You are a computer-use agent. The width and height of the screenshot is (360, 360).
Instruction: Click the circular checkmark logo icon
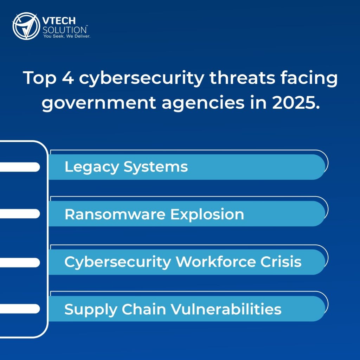point(26,26)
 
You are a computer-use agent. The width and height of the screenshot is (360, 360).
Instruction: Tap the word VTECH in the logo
point(59,21)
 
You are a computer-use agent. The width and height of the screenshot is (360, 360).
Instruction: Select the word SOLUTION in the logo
point(65,30)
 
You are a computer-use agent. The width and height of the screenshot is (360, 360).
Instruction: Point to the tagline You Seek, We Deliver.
point(67,36)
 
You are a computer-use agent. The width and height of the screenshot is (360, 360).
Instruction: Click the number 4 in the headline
point(68,78)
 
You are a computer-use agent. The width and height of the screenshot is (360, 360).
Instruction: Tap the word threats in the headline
point(242,77)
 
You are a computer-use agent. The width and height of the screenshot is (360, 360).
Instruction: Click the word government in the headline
point(99,103)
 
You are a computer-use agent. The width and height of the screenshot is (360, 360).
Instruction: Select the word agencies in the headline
point(203,103)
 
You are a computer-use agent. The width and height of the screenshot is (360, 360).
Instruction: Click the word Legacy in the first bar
point(92,167)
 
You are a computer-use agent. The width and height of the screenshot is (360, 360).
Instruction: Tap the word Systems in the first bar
point(156,167)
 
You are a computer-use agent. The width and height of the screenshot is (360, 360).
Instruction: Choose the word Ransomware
point(115,214)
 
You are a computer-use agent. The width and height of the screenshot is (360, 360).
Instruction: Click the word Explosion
point(207,215)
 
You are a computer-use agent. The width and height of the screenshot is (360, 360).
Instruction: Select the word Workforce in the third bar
point(216,262)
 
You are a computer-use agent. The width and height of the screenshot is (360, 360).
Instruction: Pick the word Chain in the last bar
point(144,309)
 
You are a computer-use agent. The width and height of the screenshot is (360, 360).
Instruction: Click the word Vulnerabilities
point(226,309)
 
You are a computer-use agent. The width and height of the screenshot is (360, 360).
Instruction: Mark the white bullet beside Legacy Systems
point(20,167)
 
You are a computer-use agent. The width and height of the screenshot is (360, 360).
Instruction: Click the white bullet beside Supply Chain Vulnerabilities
point(20,309)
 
